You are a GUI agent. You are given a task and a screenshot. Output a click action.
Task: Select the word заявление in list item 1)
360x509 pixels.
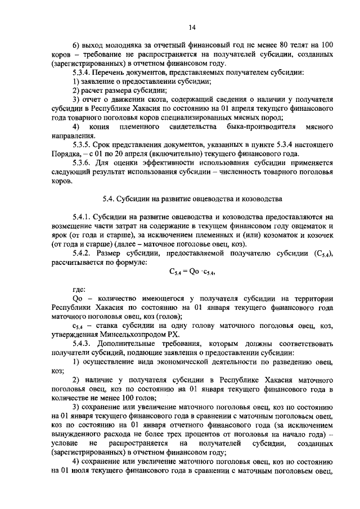103,82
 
